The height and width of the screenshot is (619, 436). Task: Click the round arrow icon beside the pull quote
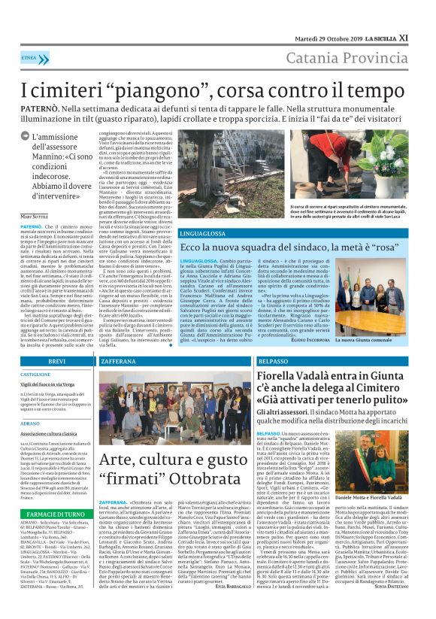pos(25,137)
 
